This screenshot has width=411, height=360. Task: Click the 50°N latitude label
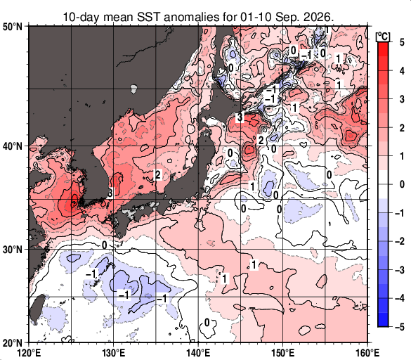pos(13,27)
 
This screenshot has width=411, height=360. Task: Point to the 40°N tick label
pos(13,146)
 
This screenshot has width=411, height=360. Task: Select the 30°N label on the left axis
pos(13,250)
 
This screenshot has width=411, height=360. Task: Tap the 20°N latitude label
pos(13,342)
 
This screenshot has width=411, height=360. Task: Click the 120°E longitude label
pos(29,353)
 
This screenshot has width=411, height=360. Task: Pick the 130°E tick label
pos(114,353)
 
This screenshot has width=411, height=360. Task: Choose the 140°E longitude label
pos(198,353)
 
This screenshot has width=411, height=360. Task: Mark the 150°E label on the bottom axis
pos(283,353)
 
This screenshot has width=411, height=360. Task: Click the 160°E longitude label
pos(367,353)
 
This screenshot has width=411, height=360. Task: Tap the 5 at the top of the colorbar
pos(402,42)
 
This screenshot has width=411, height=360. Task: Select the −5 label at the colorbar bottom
pos(400,327)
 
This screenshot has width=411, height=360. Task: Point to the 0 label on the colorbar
pos(402,184)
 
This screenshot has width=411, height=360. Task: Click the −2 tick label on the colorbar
pos(400,241)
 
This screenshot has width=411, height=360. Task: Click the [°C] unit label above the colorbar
pos(383,37)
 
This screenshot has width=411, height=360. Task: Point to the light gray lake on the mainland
pos(133,89)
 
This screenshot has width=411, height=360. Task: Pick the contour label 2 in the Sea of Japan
pos(157,175)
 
